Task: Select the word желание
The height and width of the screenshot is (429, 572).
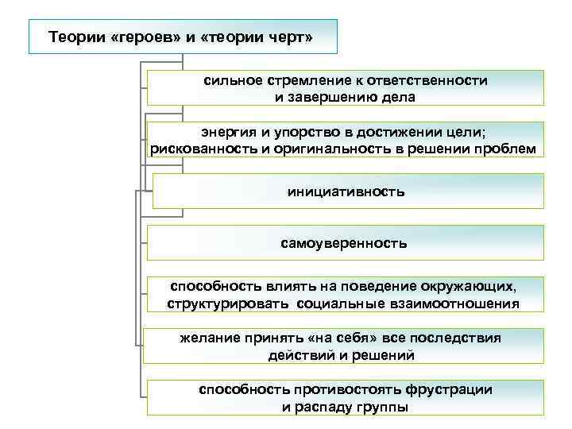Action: tap(212, 338)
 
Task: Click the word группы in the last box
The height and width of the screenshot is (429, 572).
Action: tap(382, 408)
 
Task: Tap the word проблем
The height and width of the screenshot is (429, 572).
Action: tap(504, 149)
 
